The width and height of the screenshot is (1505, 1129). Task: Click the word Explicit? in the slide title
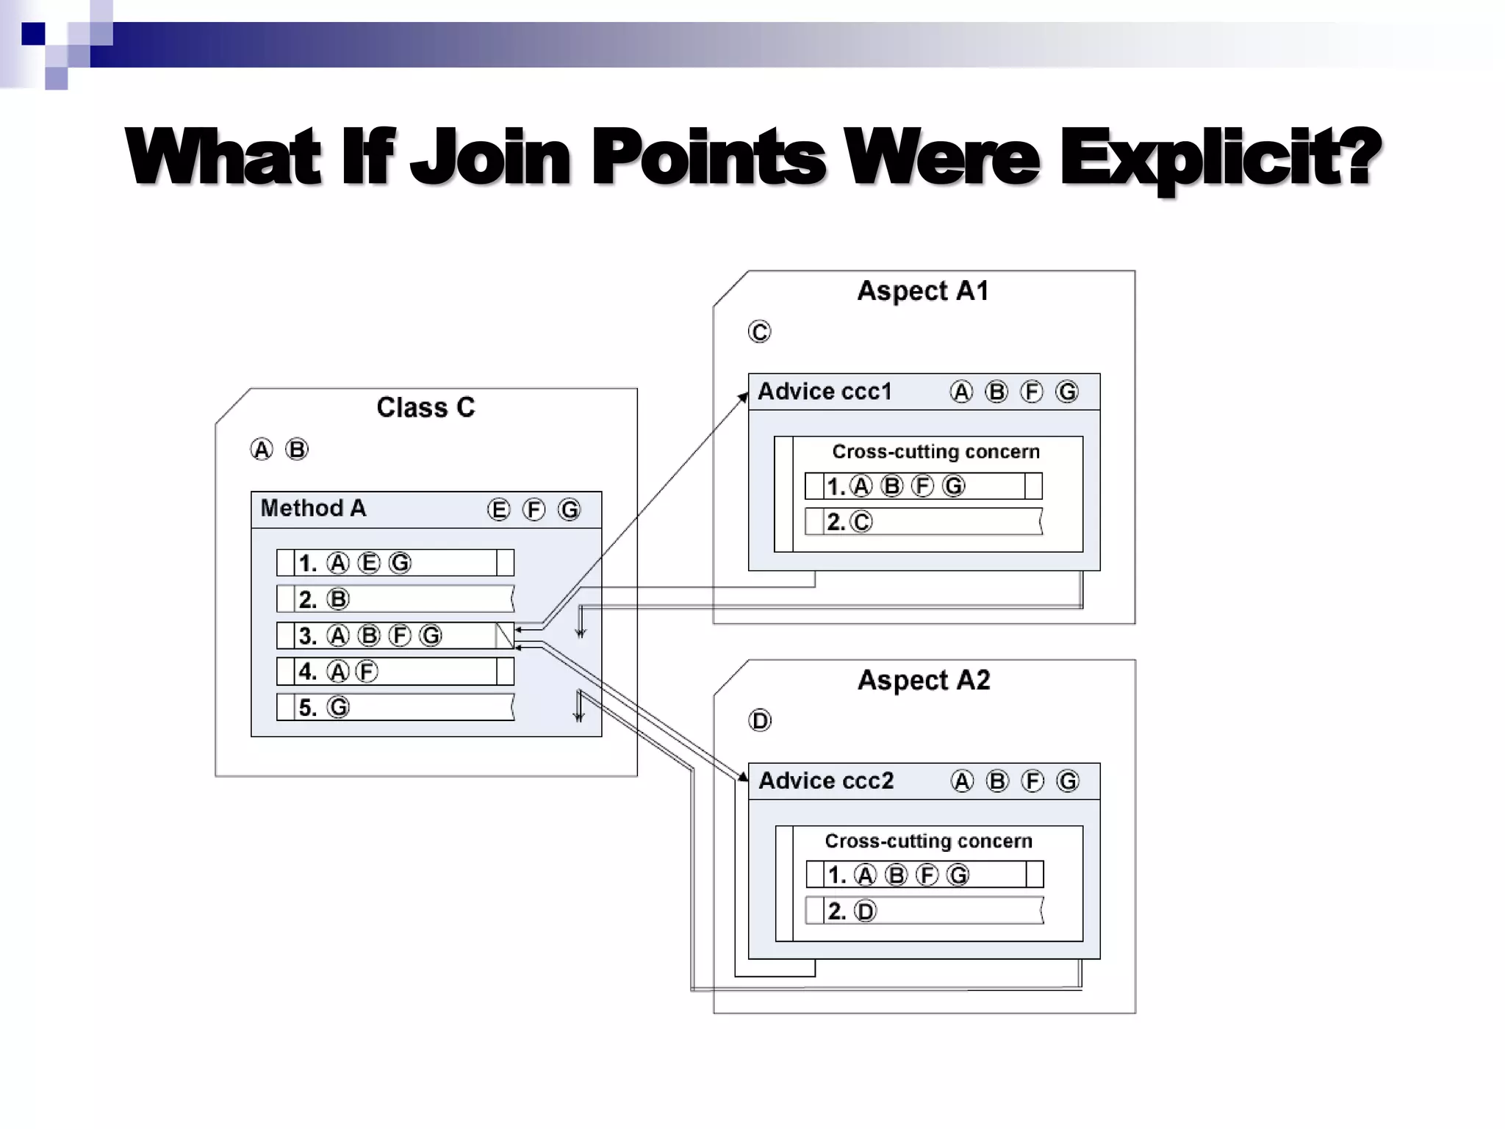click(1220, 157)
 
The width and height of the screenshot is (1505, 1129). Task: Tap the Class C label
click(425, 407)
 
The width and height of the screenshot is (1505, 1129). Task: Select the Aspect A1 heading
click(923, 291)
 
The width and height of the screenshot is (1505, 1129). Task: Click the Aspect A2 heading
click(924, 680)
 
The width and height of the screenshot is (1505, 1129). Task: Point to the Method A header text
click(313, 509)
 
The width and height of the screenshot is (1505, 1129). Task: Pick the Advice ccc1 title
click(825, 392)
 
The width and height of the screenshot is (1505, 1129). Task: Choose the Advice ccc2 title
click(826, 781)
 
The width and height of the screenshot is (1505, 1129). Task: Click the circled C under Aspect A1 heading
click(759, 332)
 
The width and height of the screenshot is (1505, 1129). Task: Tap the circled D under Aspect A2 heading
click(760, 721)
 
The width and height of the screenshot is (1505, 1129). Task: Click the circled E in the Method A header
click(498, 510)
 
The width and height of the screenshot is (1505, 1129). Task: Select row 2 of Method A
click(395, 599)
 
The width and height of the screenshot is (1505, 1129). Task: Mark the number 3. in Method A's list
click(307, 636)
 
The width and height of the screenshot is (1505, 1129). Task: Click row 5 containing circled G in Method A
click(395, 708)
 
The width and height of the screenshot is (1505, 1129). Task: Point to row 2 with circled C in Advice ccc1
click(924, 522)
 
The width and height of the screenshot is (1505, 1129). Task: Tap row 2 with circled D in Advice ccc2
click(924, 911)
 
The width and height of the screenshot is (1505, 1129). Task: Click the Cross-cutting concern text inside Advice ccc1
click(935, 451)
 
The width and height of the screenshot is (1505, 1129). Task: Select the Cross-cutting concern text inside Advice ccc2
click(928, 841)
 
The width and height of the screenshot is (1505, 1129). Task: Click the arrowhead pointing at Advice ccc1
click(744, 398)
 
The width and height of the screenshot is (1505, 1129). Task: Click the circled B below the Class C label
click(297, 449)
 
